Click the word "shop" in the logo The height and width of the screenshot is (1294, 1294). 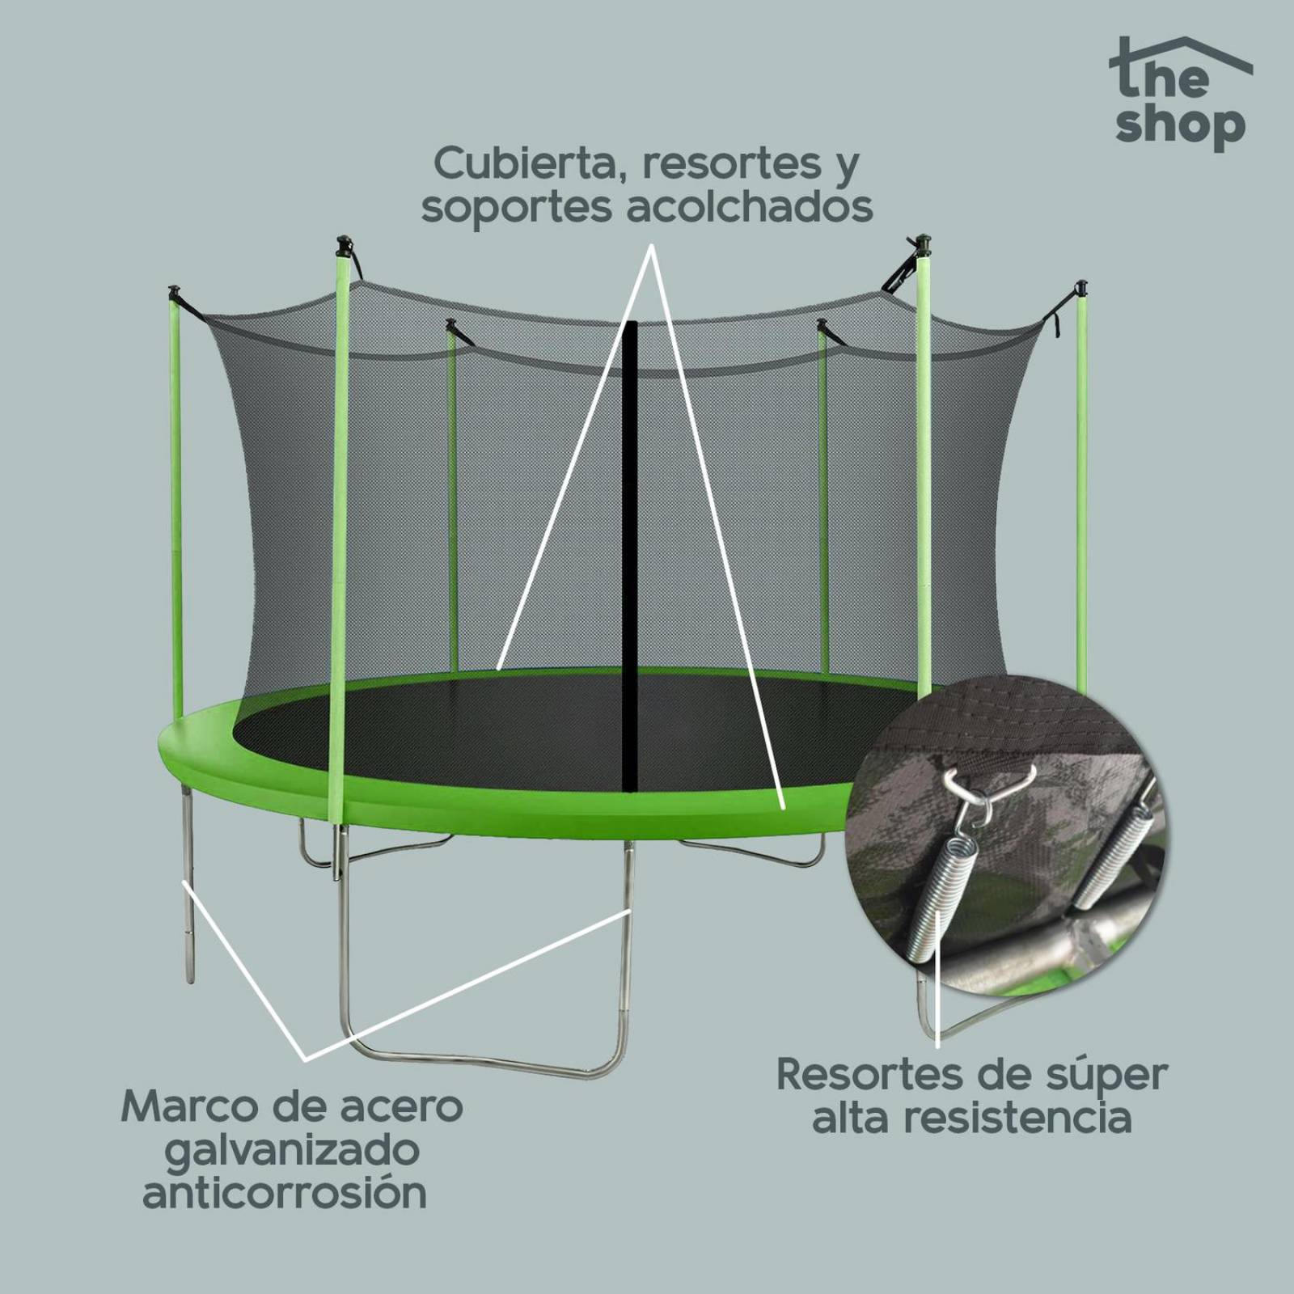click(x=1181, y=126)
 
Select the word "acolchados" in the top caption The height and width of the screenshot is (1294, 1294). click(x=750, y=207)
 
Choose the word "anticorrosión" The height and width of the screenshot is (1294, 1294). click(x=285, y=1193)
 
